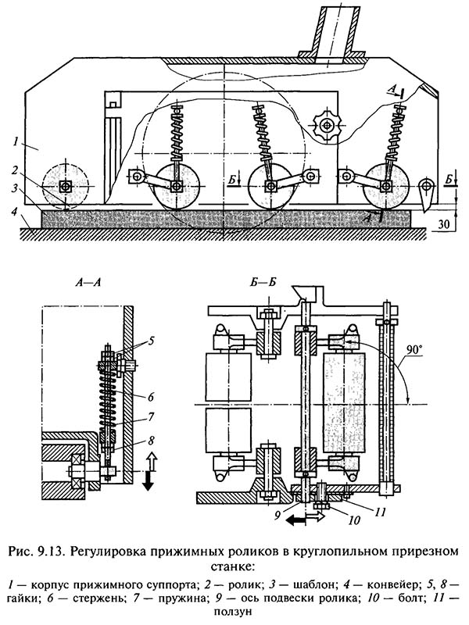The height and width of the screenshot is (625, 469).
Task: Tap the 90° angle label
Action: pyautogui.click(x=415, y=350)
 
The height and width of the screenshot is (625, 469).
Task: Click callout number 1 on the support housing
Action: pyautogui.click(x=15, y=141)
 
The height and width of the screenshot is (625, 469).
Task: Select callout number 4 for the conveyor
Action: pyautogui.click(x=14, y=212)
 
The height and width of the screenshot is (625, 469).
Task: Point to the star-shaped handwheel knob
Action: pyautogui.click(x=327, y=127)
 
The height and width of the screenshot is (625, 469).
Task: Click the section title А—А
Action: pyautogui.click(x=88, y=283)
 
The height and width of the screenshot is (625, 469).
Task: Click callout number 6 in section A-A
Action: pyautogui.click(x=150, y=397)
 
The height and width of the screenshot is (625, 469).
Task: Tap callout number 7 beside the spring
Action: pyautogui.click(x=150, y=417)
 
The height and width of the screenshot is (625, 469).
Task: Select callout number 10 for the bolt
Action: pyautogui.click(x=355, y=520)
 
